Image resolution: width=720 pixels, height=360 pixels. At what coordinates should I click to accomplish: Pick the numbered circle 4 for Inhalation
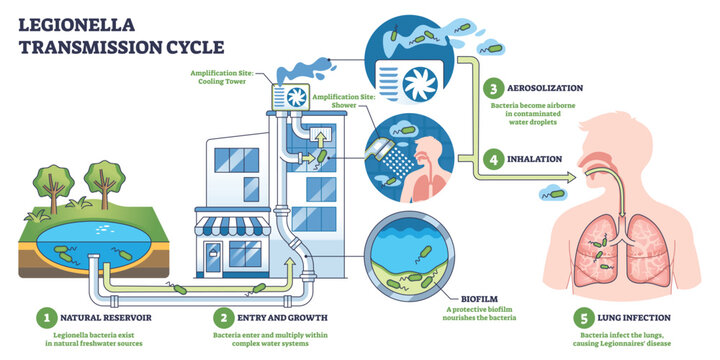[x=493, y=158]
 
